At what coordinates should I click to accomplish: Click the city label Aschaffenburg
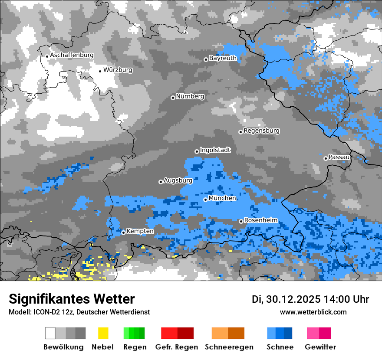[72, 56]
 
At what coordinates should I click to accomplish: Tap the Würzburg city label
[118, 70]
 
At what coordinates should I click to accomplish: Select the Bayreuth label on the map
[223, 58]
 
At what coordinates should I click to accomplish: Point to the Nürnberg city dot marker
[173, 98]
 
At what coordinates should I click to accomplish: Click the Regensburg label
[261, 131]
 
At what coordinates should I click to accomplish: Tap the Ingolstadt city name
[215, 150]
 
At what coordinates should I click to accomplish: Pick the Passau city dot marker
[326, 158]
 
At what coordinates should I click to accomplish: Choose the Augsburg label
[178, 180]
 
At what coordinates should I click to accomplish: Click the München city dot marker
[205, 200]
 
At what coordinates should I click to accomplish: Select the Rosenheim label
[260, 220]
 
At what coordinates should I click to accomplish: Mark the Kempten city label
[140, 231]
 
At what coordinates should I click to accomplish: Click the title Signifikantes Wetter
[72, 299]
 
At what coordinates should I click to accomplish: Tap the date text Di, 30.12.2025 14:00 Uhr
[310, 299]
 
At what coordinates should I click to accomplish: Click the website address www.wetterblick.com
[313, 312]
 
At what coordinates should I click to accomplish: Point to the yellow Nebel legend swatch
[103, 333]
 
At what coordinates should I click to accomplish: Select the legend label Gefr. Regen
[176, 347]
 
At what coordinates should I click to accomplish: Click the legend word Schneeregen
[229, 347]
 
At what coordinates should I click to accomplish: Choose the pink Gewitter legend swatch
[319, 333]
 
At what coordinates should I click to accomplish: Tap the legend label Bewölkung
[63, 347]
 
